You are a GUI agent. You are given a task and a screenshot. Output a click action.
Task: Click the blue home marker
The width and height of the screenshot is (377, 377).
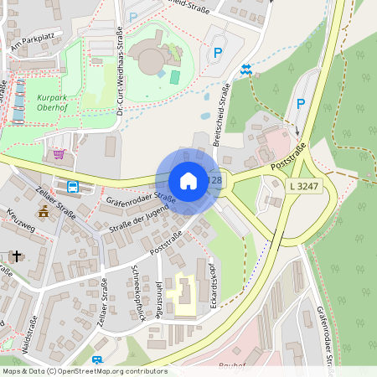pyautogui.click(x=188, y=181)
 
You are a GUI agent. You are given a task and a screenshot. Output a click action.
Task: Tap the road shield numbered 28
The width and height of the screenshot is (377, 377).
pyautogui.click(x=217, y=181)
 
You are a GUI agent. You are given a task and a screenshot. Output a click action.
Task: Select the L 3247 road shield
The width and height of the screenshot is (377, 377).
pyautogui.click(x=303, y=184)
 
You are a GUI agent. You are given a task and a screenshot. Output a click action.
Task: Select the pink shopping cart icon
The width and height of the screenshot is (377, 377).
pyautogui.click(x=59, y=154)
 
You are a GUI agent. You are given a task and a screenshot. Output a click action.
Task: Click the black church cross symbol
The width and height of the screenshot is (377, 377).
pyautogui.click(x=18, y=255)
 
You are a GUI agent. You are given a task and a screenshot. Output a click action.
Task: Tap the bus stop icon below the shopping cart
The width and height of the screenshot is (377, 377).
pyautogui.click(x=73, y=186)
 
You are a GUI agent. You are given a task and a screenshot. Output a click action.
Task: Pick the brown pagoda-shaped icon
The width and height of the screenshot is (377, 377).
pyautogui.click(x=43, y=213)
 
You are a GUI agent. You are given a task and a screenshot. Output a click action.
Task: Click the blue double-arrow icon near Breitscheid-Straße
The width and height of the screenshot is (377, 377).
pyautogui.click(x=245, y=70)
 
